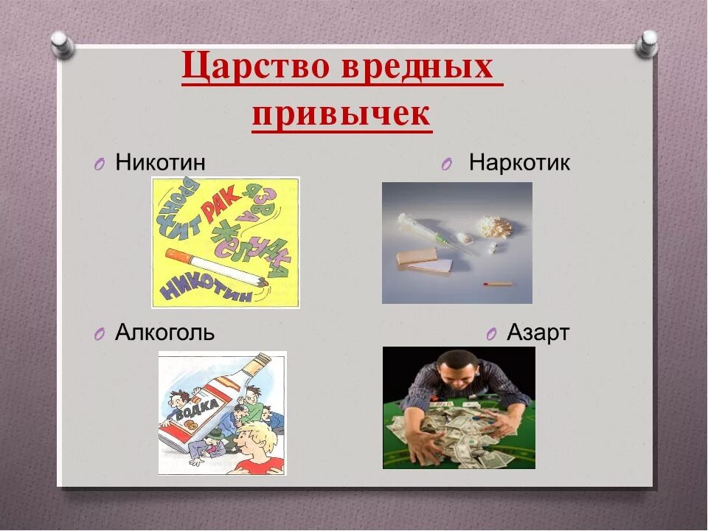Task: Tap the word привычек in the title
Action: tap(341, 114)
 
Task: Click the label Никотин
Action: tap(160, 162)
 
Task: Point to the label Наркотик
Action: tap(519, 163)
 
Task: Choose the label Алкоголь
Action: tap(165, 333)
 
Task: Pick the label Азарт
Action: tap(538, 333)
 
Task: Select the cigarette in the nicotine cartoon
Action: tap(213, 268)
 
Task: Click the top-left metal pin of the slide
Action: tap(63, 43)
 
